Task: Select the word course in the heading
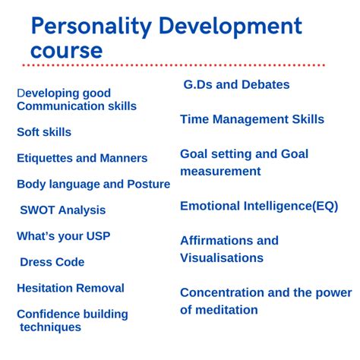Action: pyautogui.click(x=66, y=51)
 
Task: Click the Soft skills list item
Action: pyautogui.click(x=44, y=132)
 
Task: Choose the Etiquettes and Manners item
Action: pyautogui.click(x=82, y=158)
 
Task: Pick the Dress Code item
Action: pyautogui.click(x=52, y=262)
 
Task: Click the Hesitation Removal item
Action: pyautogui.click(x=71, y=288)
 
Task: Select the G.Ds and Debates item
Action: pyautogui.click(x=236, y=84)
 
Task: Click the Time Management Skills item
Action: pyautogui.click(x=252, y=119)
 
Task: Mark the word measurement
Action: pyautogui.click(x=220, y=172)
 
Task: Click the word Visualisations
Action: pyautogui.click(x=222, y=257)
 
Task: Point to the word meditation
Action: pyautogui.click(x=227, y=309)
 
